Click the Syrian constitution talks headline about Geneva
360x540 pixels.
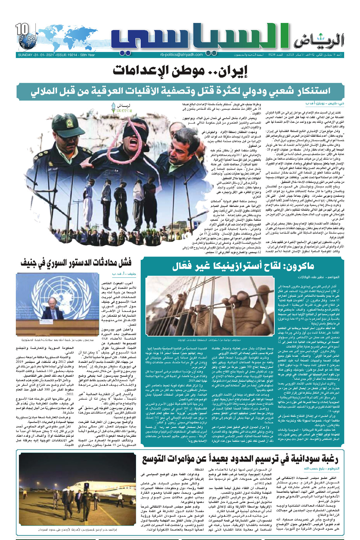pyautogui.click(x=76, y=262)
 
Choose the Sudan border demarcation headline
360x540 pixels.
pyautogui.click(x=240, y=459)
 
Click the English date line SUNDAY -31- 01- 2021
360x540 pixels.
pyautogui.click(x=56, y=55)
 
